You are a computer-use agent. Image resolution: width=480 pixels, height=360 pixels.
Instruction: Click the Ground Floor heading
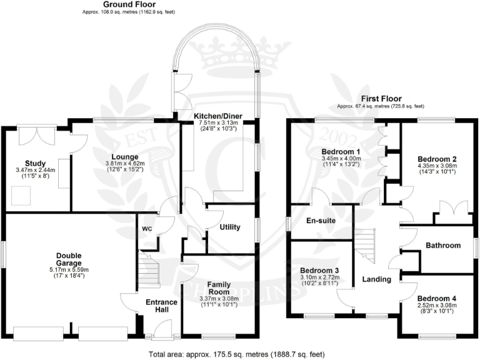click(x=130, y=4)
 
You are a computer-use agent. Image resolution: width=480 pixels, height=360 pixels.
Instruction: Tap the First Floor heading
click(x=381, y=99)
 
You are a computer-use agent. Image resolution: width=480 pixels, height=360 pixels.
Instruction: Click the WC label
click(x=147, y=228)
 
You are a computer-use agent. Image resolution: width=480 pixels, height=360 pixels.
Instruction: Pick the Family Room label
click(x=218, y=287)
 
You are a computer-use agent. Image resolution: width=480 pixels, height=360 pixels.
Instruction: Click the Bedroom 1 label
click(x=341, y=151)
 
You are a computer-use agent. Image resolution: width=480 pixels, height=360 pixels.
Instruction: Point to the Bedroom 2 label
click(x=437, y=159)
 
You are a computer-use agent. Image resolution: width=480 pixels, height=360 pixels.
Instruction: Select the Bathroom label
click(x=443, y=246)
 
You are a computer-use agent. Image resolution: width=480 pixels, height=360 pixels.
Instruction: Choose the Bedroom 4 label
click(x=437, y=299)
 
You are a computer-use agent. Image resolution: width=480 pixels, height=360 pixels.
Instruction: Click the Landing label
click(x=376, y=279)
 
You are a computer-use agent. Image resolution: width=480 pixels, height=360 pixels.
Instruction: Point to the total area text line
click(x=237, y=354)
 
